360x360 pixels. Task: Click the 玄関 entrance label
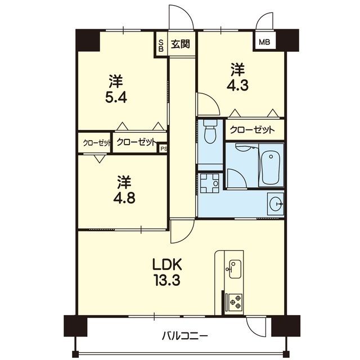[x=181, y=44]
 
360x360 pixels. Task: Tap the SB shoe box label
[x=161, y=46]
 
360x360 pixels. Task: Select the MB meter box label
[x=264, y=42]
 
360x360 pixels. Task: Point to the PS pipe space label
[x=164, y=148]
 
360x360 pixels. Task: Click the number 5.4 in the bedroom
[x=116, y=98]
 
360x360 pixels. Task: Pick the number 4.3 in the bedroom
[x=237, y=85]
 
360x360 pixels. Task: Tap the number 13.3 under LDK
[x=168, y=280]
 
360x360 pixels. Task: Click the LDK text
[x=168, y=264]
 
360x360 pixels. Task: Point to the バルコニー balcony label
[x=185, y=336]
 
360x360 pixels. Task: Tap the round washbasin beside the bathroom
[x=276, y=204]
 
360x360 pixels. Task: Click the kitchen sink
[x=235, y=269]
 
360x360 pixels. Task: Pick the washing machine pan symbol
[x=209, y=183]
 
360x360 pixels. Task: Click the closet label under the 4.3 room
[x=252, y=130]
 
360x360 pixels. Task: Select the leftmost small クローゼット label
[x=97, y=143]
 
